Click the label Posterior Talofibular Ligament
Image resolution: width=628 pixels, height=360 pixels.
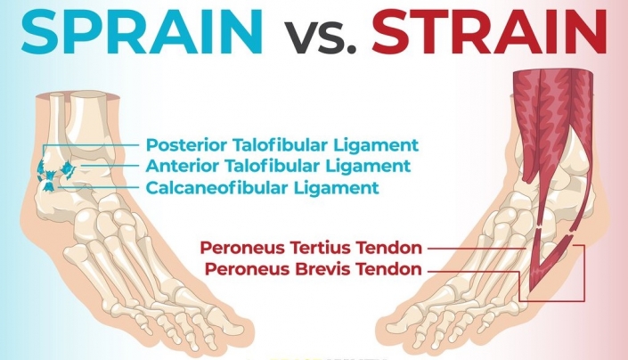(x=281, y=144)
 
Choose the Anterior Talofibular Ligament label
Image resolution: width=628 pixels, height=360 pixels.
(x=278, y=166)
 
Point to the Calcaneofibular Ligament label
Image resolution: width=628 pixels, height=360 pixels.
(x=262, y=187)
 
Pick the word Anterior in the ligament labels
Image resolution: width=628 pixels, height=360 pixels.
(x=178, y=166)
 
